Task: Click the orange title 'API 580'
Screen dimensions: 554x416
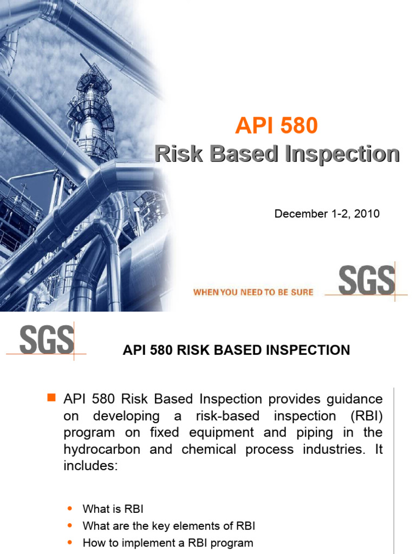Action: click(276, 127)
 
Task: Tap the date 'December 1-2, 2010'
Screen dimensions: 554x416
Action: click(327, 214)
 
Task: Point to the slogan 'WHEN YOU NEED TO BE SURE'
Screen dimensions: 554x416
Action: click(253, 292)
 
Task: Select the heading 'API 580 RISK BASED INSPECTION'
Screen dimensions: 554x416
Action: click(236, 350)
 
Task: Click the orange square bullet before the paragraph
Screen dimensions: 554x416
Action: click(52, 399)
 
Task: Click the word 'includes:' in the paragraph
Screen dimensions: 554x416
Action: click(90, 466)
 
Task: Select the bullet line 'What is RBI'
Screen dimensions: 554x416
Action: click(113, 509)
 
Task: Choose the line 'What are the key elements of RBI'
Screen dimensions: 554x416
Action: click(168, 526)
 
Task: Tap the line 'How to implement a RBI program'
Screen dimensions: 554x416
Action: click(167, 543)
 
